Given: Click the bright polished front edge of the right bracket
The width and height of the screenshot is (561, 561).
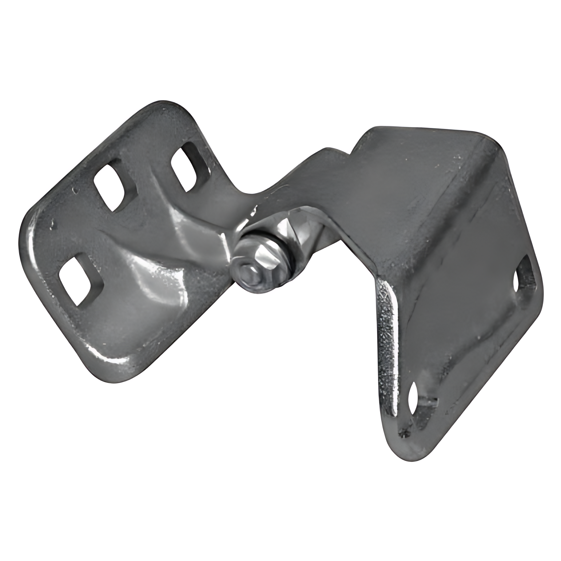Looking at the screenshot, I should coord(389,337).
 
